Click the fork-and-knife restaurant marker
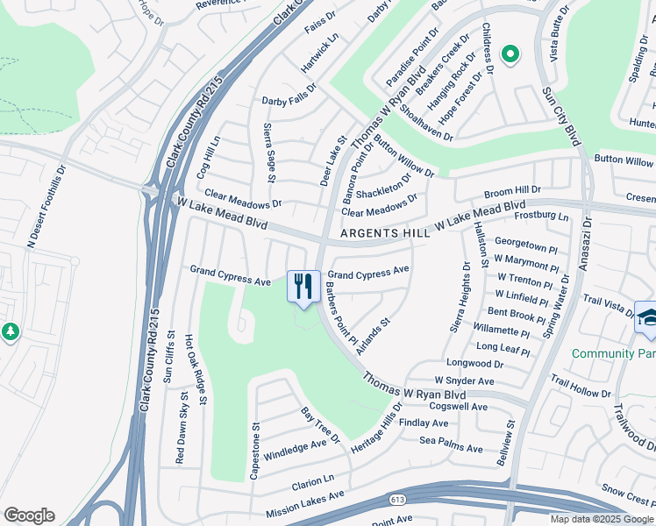pos(303,287)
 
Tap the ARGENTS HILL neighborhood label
pos(385,233)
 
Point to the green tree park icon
pos(10,332)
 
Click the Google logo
pos(29,515)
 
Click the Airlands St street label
pos(373,336)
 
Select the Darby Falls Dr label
pos(289,101)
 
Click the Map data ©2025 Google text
pos(600,518)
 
